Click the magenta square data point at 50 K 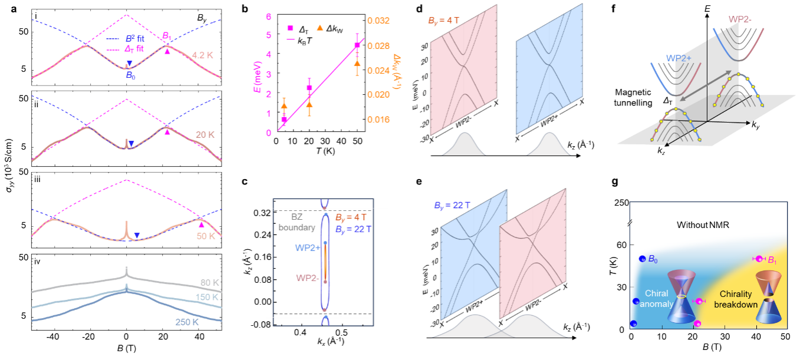point(357,45)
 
